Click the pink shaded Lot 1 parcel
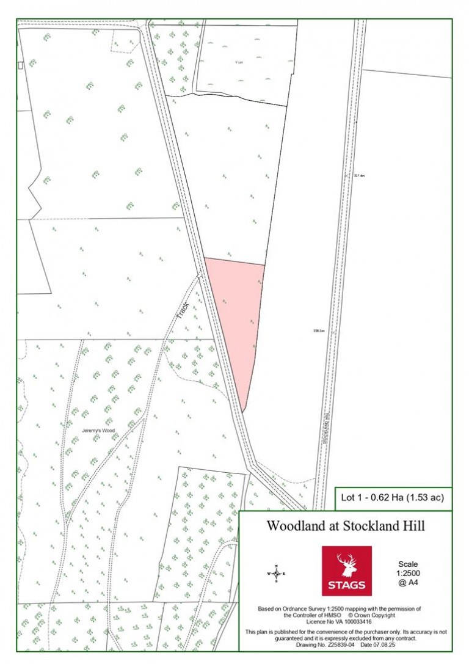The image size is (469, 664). [x=235, y=318]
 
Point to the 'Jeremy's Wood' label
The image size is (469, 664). [x=98, y=430]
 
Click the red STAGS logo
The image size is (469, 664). [x=346, y=571]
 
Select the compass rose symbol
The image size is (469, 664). [x=277, y=574]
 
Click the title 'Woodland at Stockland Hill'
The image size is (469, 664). [x=346, y=526]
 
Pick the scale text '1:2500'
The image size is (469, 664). [x=407, y=574]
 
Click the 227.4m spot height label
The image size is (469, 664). [x=359, y=176]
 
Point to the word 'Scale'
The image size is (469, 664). [x=407, y=564]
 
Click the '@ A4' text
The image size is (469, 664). [x=407, y=583]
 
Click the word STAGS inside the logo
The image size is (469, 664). [x=346, y=585]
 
